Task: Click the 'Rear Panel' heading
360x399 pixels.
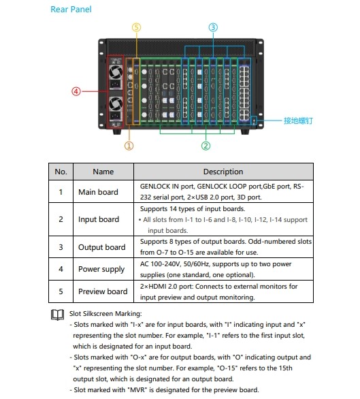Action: click(71, 10)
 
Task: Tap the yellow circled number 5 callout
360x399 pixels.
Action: click(136, 27)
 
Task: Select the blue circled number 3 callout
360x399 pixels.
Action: click(213, 27)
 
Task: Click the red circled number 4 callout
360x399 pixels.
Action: click(76, 91)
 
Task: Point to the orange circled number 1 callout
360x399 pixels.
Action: click(129, 146)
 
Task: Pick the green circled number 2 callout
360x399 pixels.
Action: click(206, 146)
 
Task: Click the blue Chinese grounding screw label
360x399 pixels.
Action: click(298, 121)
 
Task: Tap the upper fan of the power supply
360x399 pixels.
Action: click(116, 72)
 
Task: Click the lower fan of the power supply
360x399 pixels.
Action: click(116, 103)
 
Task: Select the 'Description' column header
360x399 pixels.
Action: click(223, 172)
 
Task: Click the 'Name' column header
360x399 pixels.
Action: click(103, 172)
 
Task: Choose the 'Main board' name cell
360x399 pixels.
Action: click(98, 192)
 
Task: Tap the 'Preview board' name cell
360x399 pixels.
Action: click(103, 291)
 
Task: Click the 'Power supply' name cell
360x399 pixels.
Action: click(101, 269)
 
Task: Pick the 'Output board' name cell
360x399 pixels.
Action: click(102, 247)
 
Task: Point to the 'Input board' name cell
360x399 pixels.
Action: click(99, 219)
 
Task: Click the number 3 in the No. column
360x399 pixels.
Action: click(61, 247)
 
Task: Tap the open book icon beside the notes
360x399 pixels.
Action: click(57, 315)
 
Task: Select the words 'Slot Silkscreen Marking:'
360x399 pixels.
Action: click(105, 313)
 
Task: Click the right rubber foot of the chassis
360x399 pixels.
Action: click(245, 131)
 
